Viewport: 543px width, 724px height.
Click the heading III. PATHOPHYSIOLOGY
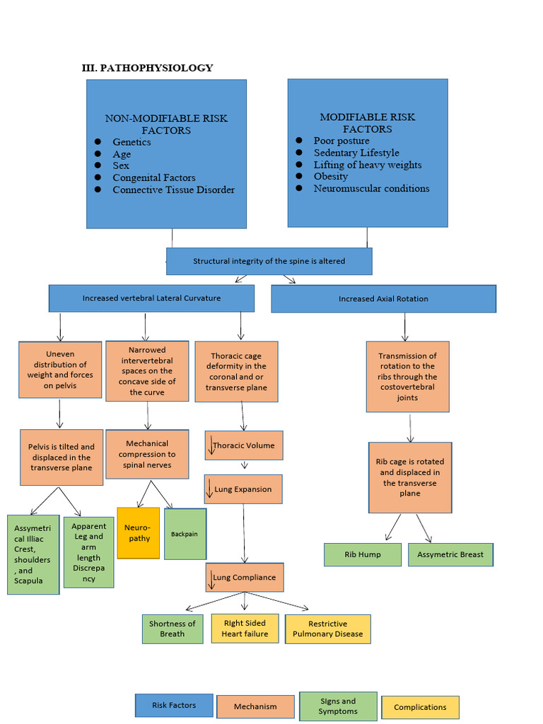click(x=147, y=68)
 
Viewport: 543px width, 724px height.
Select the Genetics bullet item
click(x=132, y=142)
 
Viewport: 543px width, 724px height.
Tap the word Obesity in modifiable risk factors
click(x=331, y=177)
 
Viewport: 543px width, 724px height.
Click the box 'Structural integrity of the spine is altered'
click(x=269, y=261)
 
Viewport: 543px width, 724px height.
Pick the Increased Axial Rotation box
click(x=383, y=298)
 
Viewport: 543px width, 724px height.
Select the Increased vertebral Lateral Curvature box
click(x=151, y=298)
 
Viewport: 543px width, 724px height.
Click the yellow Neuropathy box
click(x=138, y=533)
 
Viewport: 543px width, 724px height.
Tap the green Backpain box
click(x=185, y=534)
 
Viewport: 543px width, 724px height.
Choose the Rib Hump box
click(x=363, y=554)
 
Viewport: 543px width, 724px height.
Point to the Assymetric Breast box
click(x=450, y=554)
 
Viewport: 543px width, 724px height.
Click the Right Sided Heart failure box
click(x=245, y=629)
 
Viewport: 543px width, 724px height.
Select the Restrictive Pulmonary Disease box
click(x=327, y=629)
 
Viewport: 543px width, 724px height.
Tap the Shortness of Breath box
click(x=172, y=629)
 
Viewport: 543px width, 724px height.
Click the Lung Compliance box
click(x=245, y=577)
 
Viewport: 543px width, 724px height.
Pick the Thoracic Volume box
click(x=245, y=445)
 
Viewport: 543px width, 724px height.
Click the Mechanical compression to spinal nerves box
click(x=147, y=455)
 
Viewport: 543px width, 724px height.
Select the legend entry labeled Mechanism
click(x=255, y=706)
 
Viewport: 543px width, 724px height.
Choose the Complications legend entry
click(x=420, y=707)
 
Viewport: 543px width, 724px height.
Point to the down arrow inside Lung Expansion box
click(x=210, y=489)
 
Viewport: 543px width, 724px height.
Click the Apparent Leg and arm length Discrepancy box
click(x=88, y=552)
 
